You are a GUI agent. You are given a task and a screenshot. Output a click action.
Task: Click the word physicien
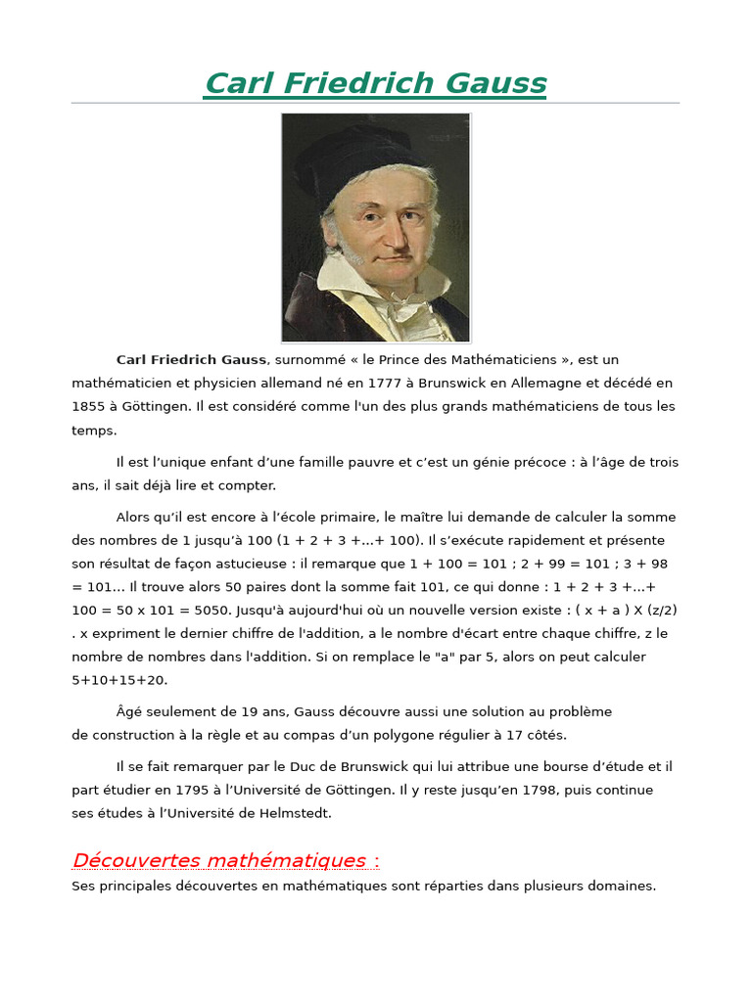coord(220,384)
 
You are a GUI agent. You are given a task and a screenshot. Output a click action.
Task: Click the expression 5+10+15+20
coord(119,680)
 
